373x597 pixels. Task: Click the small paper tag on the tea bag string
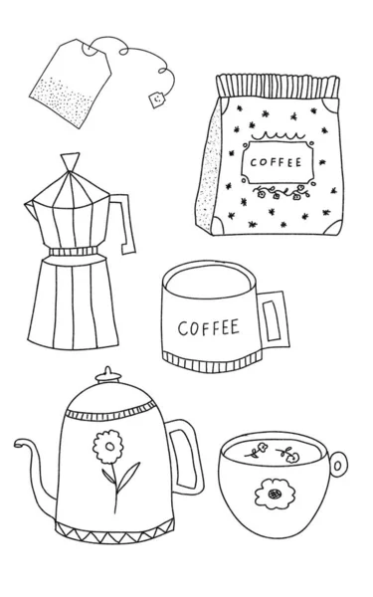pyautogui.click(x=156, y=99)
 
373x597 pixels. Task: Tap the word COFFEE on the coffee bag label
pyautogui.click(x=276, y=162)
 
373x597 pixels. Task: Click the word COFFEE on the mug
pyautogui.click(x=209, y=327)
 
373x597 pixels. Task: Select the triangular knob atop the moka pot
pyautogui.click(x=70, y=161)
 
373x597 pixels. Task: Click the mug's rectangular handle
pyautogui.click(x=275, y=320)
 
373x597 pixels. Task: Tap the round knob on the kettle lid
pyautogui.click(x=108, y=375)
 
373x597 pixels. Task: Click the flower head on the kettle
pyautogui.click(x=108, y=447)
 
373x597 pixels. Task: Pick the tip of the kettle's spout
pyautogui.click(x=18, y=444)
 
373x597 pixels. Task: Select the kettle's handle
pyautogui.click(x=187, y=457)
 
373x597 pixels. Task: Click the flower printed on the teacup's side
pyautogui.click(x=275, y=494)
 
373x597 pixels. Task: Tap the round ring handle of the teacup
pyautogui.click(x=338, y=464)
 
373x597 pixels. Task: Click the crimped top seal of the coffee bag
pyautogui.click(x=279, y=87)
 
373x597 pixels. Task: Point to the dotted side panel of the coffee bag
pyautogui.click(x=209, y=167)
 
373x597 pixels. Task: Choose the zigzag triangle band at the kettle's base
pyautogui.click(x=115, y=531)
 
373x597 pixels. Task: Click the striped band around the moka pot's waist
pyautogui.click(x=74, y=252)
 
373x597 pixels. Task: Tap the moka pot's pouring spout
pyautogui.click(x=32, y=209)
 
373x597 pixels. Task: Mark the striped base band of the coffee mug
pyautogui.click(x=212, y=362)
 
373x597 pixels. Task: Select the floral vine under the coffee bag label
pyautogui.click(x=280, y=192)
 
